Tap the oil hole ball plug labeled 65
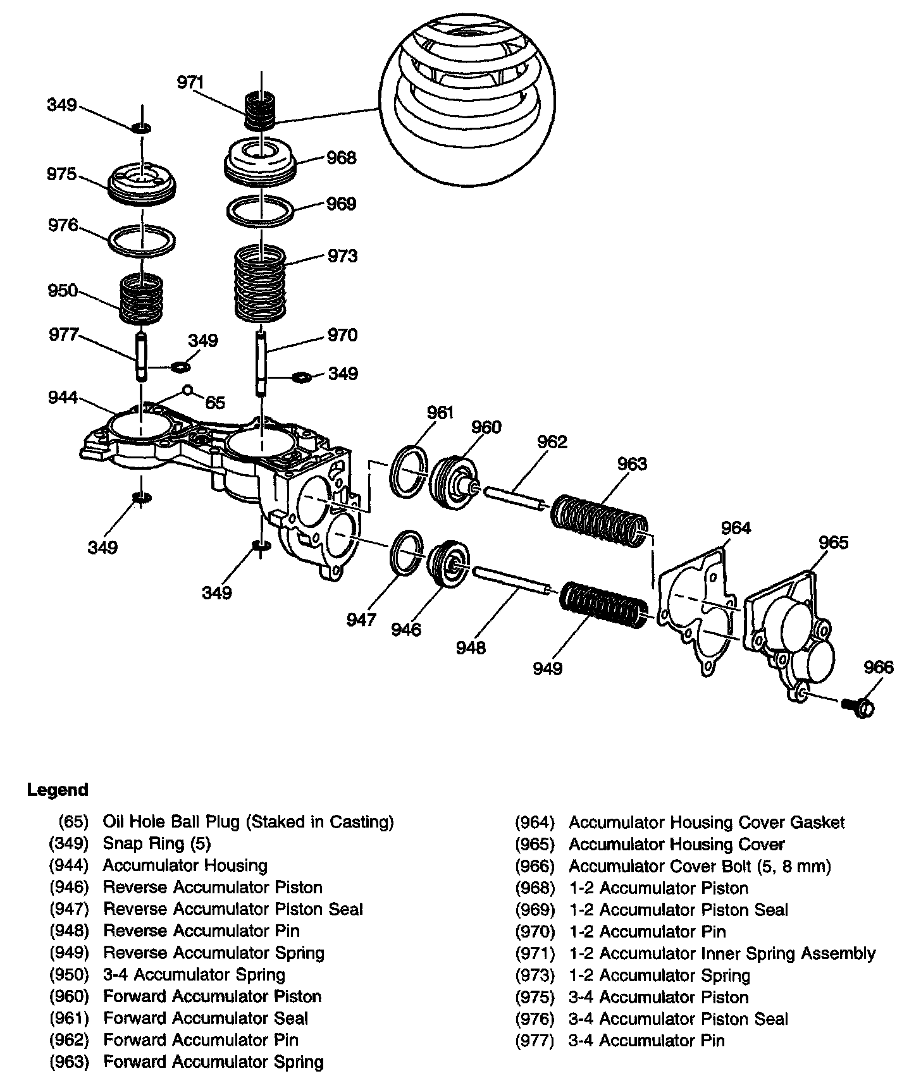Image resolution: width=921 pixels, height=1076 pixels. click(187, 389)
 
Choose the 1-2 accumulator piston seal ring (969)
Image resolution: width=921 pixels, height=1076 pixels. click(260, 211)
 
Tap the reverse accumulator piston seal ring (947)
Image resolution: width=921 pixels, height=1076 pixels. click(405, 553)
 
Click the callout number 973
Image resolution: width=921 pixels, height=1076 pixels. click(342, 256)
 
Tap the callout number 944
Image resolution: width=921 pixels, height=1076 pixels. click(63, 398)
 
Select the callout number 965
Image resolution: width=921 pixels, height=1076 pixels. click(834, 542)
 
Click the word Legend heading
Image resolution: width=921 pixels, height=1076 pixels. click(58, 790)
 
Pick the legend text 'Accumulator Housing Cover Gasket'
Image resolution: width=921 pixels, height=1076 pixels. click(707, 822)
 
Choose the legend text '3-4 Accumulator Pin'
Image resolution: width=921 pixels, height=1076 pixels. click(646, 1041)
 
